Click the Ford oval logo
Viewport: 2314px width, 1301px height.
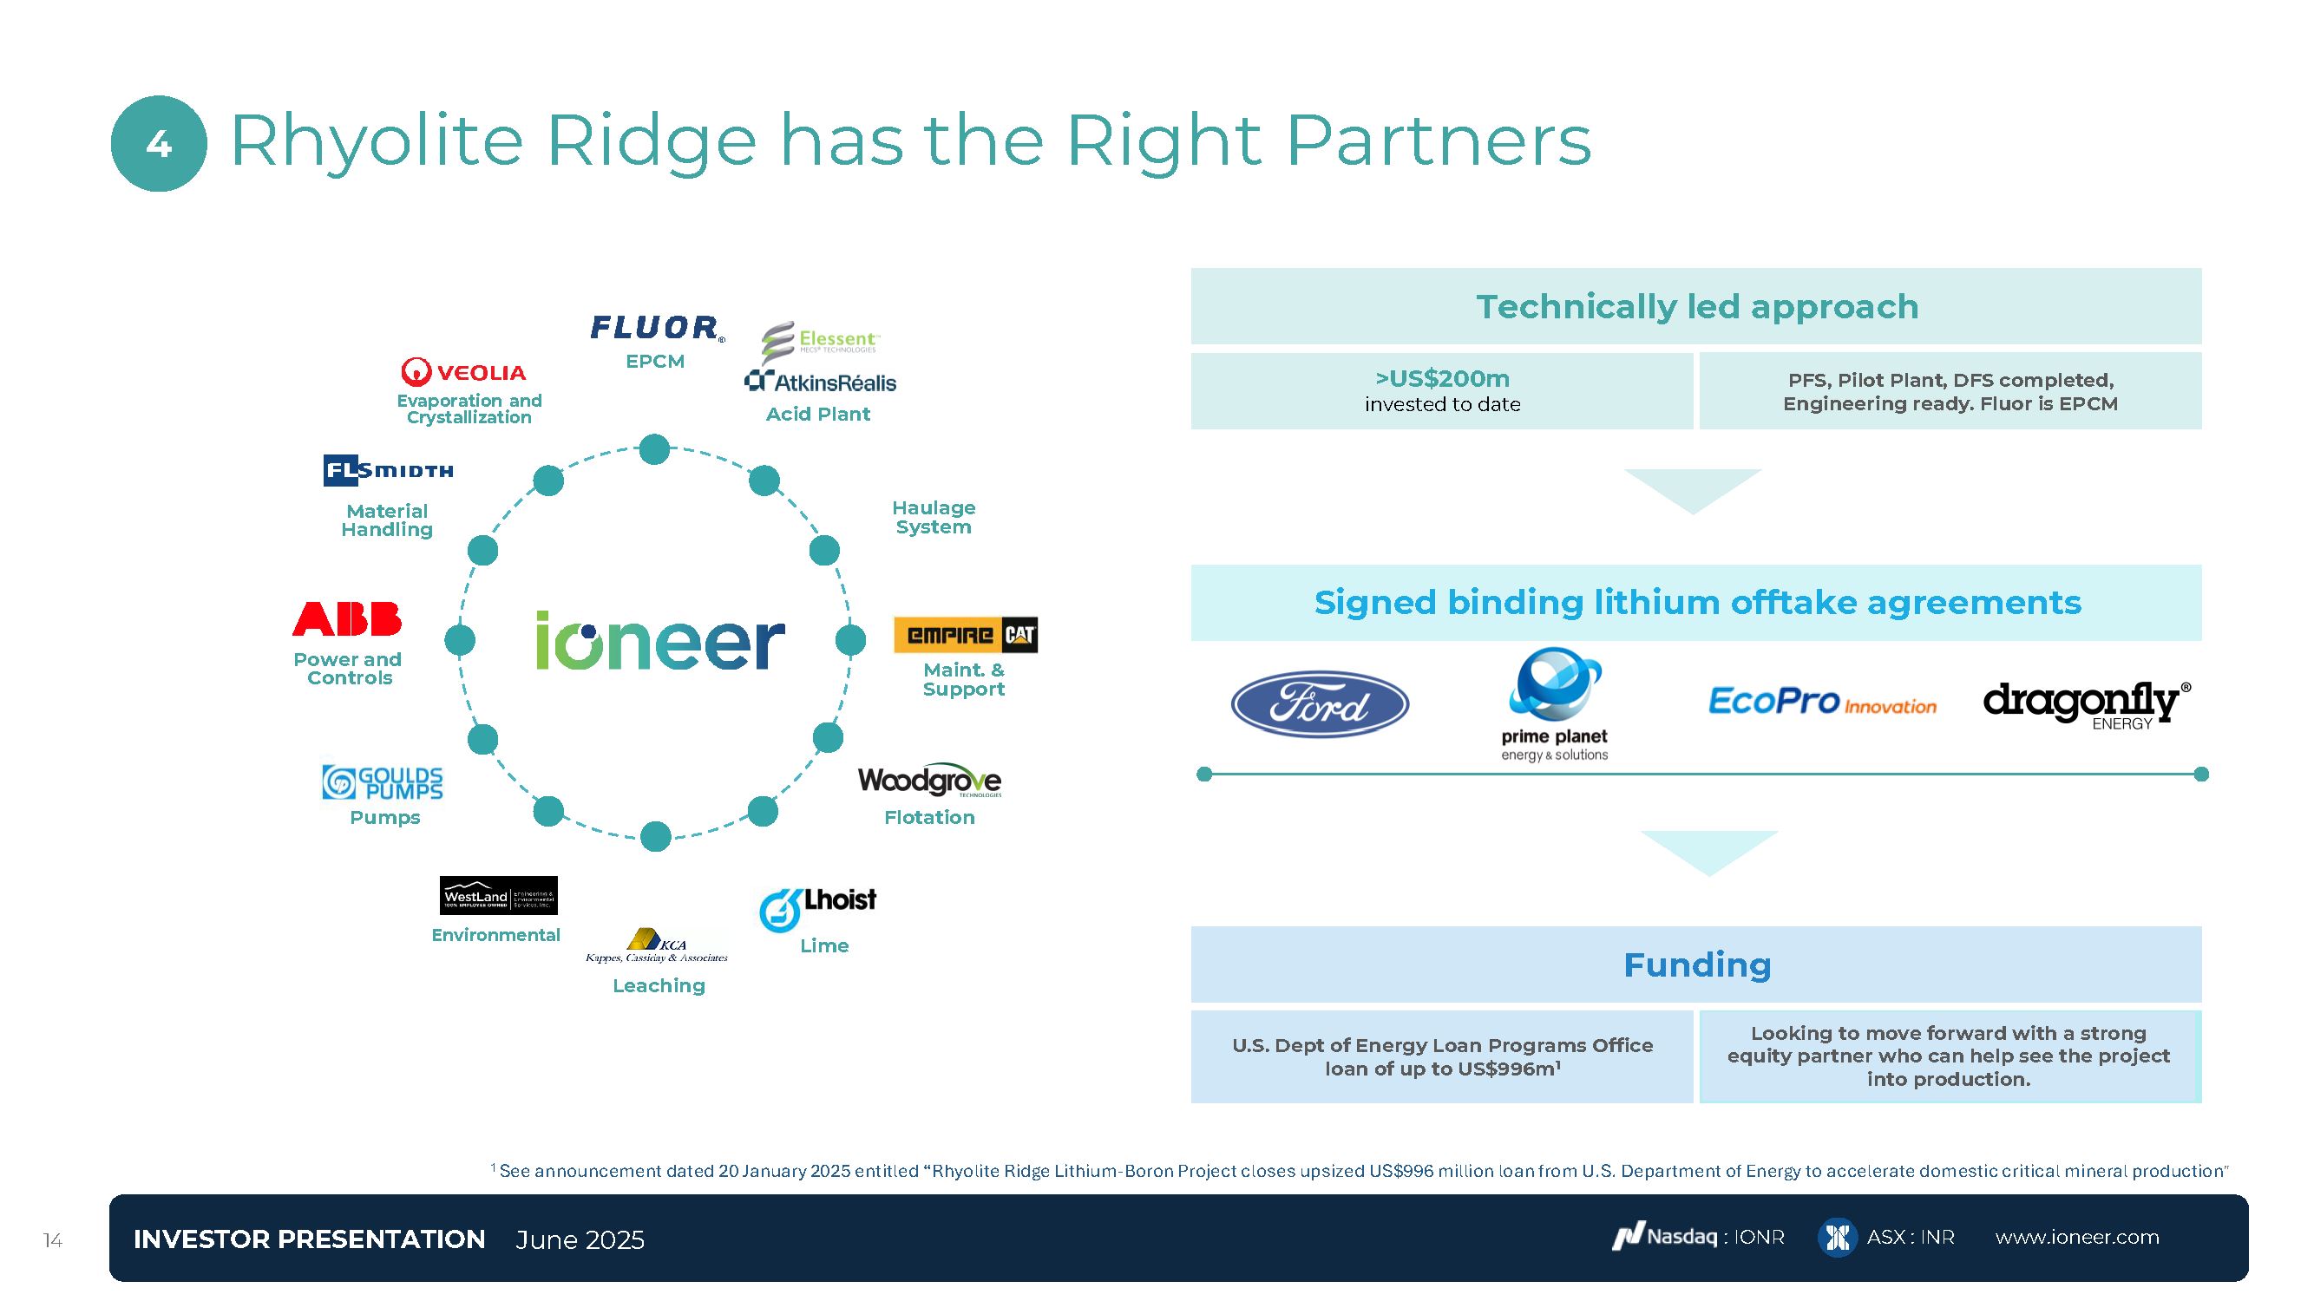(x=1319, y=704)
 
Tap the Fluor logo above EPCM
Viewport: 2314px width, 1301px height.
(x=656, y=328)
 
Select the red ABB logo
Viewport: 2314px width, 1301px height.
(x=347, y=618)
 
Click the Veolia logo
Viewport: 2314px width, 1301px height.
(x=463, y=372)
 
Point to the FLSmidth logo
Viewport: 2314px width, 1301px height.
(x=388, y=470)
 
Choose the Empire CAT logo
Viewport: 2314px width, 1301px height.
(x=966, y=635)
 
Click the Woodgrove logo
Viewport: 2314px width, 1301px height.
(x=929, y=781)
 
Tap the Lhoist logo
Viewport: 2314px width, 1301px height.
(x=817, y=908)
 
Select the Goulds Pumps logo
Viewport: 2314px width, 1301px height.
(x=383, y=782)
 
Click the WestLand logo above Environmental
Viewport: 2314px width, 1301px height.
(x=499, y=895)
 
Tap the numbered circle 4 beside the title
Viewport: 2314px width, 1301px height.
(x=159, y=144)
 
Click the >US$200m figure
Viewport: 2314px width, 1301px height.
(x=1442, y=379)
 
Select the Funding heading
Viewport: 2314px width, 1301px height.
(x=1696, y=964)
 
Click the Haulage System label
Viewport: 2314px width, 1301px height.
(x=934, y=517)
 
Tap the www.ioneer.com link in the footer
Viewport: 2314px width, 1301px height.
(x=2077, y=1238)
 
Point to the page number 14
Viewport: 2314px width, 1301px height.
(x=53, y=1240)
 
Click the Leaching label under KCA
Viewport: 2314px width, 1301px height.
(x=659, y=985)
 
